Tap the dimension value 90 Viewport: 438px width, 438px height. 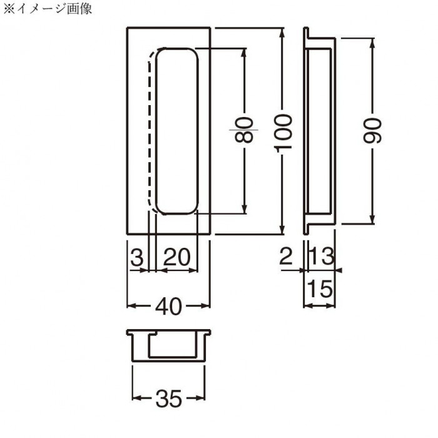click(374, 130)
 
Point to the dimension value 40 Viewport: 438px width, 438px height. click(169, 306)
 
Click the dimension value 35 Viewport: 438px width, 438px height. click(169, 397)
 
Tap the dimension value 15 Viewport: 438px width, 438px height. click(318, 289)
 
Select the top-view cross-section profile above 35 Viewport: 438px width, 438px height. click(169, 344)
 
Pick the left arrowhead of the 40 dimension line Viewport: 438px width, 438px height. click(130, 306)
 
